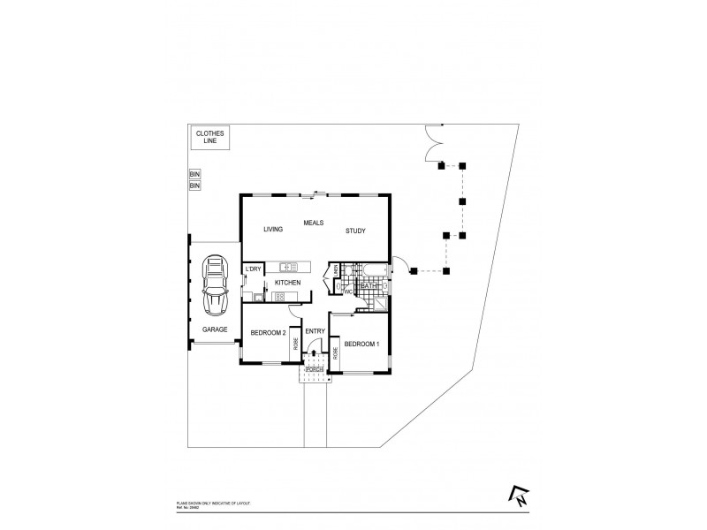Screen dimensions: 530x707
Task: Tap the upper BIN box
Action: [194, 175]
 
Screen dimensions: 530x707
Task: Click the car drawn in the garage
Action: [214, 286]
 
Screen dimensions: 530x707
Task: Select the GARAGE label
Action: [215, 329]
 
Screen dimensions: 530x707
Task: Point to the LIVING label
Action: [272, 230]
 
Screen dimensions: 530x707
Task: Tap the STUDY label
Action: [355, 230]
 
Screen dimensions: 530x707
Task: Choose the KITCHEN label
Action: [287, 282]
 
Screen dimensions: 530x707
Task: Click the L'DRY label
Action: [253, 269]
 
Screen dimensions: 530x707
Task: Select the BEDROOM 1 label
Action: [361, 343]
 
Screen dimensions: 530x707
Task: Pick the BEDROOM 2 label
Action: [267, 332]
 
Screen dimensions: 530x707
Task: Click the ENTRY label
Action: [315, 331]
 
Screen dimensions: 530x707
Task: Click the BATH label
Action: [369, 286]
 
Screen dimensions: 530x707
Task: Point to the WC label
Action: [348, 291]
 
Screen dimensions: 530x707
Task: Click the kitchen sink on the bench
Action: [290, 267]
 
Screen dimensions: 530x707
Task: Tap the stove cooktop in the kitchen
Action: [277, 296]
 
